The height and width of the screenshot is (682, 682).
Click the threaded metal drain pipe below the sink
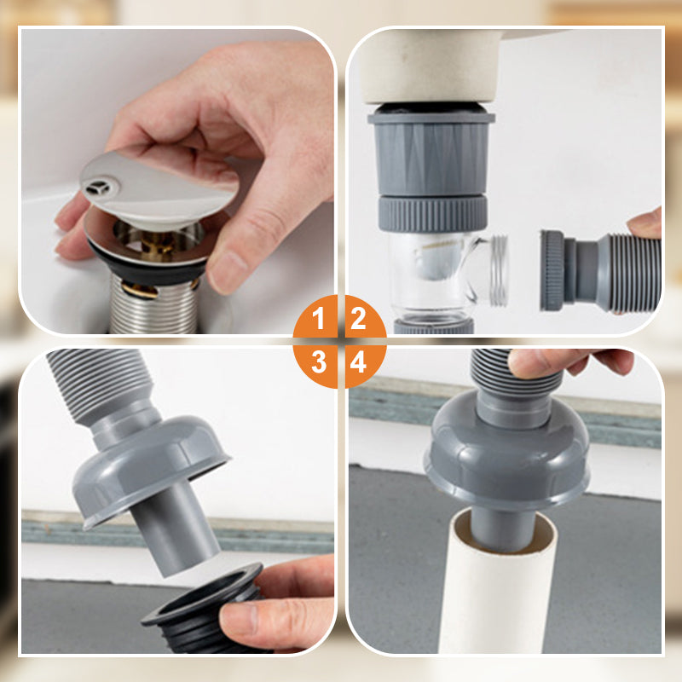coord(153,304)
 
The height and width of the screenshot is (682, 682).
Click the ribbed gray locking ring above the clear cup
coord(432,214)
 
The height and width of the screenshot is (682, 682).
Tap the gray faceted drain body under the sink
coord(431,154)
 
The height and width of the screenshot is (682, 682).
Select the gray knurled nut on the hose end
coord(552,270)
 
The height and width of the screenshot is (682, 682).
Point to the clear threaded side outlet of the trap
coord(499,270)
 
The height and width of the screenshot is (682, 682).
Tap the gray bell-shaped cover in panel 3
coord(150,470)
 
